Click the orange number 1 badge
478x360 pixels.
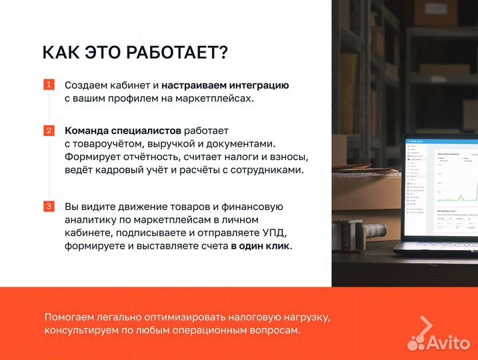point(49,85)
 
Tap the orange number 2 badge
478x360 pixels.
point(49,130)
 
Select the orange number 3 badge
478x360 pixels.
point(49,206)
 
